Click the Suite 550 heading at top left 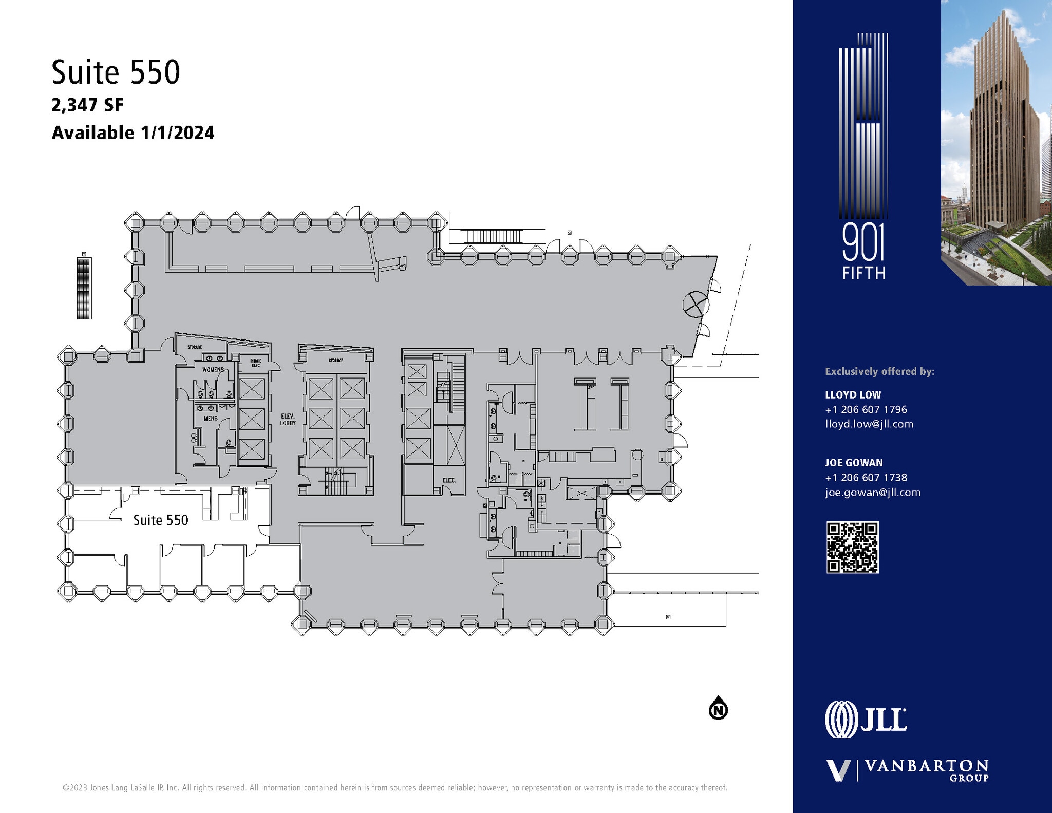click(x=116, y=72)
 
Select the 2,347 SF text click(x=87, y=105)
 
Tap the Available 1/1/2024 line click(x=133, y=133)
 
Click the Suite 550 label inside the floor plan click(x=161, y=520)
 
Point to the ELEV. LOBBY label click(x=288, y=420)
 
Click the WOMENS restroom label click(x=213, y=370)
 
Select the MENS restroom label click(x=211, y=419)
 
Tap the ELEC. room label click(x=449, y=480)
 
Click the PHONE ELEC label click(x=256, y=363)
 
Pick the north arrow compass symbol click(x=719, y=710)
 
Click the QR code click(x=852, y=547)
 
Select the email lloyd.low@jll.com click(x=869, y=424)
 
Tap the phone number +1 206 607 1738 click(x=866, y=478)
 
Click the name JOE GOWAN click(x=854, y=463)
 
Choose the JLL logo click(x=866, y=719)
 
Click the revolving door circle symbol click(x=696, y=304)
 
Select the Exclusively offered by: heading click(x=879, y=371)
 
